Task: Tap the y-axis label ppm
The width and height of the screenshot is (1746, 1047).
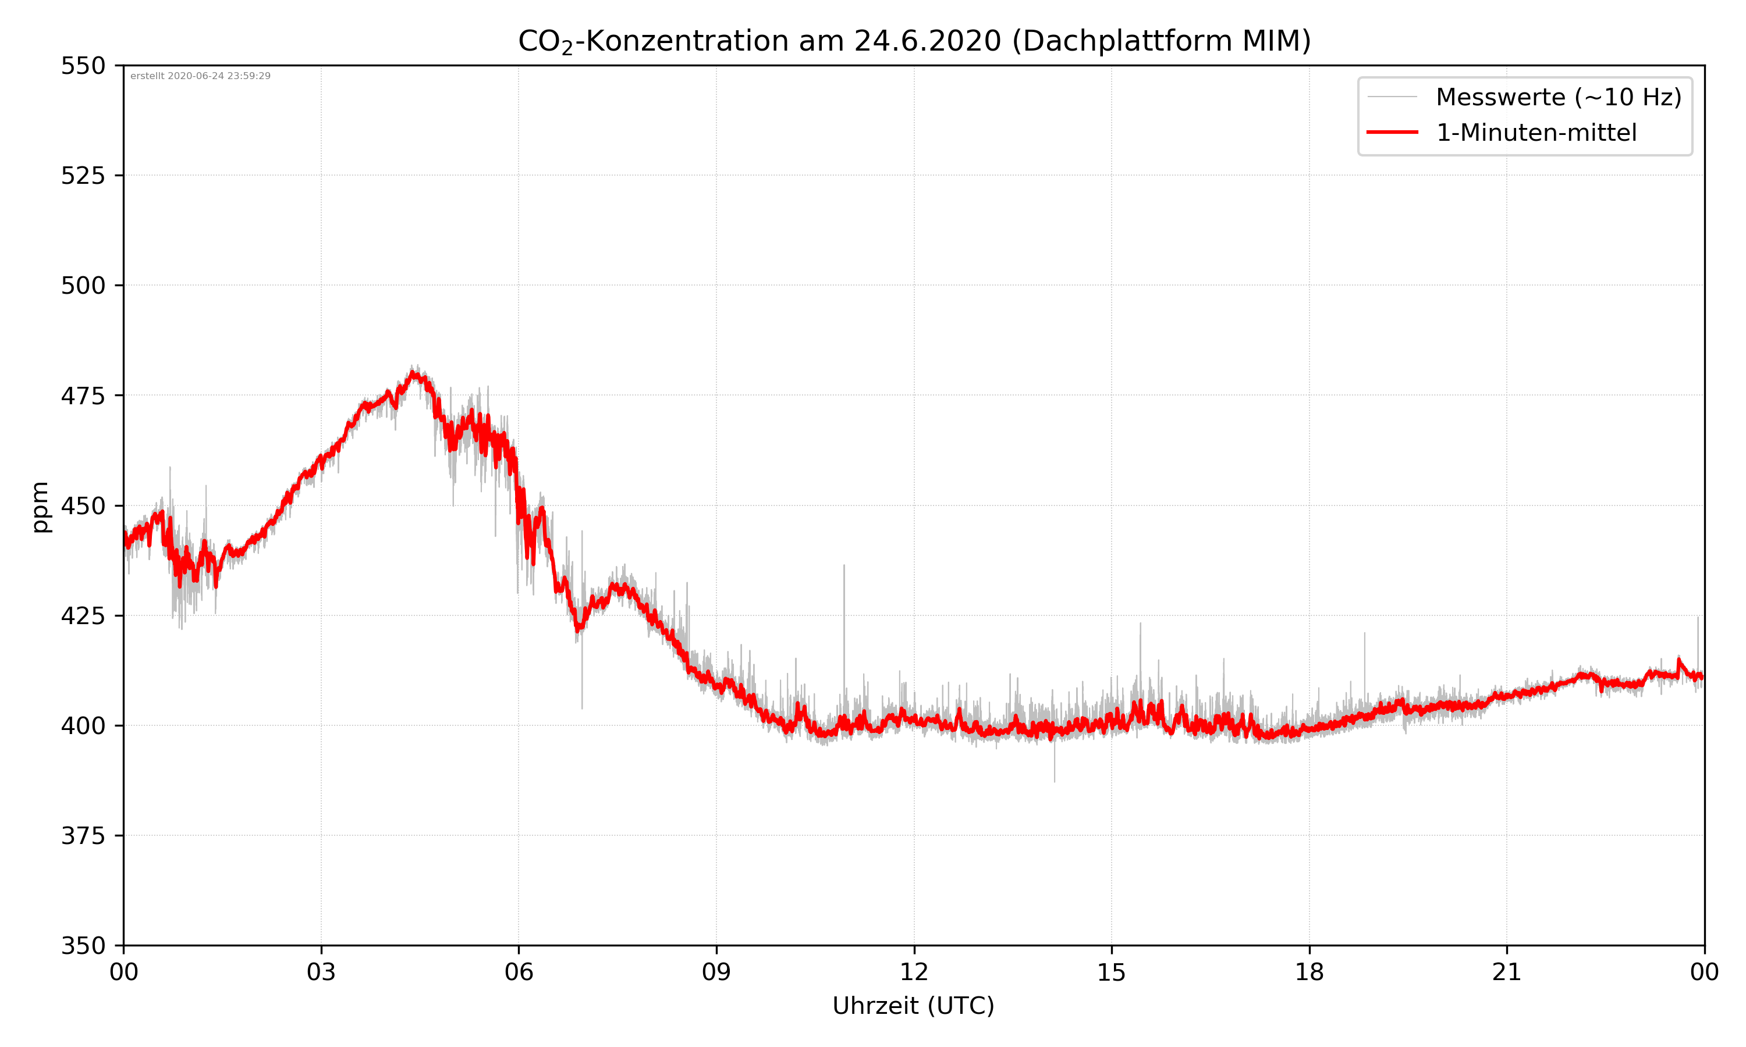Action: point(40,507)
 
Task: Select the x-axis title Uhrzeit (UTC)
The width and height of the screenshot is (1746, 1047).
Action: point(913,1005)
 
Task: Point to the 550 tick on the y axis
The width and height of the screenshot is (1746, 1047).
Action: point(83,66)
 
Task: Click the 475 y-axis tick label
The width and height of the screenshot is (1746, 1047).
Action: point(83,396)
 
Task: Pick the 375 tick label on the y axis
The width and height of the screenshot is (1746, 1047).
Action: point(83,836)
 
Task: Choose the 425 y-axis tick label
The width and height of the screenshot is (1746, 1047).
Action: point(83,616)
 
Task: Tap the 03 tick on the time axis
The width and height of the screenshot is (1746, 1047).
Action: point(321,972)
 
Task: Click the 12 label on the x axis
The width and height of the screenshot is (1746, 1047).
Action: point(914,972)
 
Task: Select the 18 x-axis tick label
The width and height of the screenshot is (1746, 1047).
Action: point(1309,972)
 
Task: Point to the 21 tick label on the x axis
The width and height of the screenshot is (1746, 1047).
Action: point(1507,972)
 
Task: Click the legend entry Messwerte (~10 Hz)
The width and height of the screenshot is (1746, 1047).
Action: point(1558,97)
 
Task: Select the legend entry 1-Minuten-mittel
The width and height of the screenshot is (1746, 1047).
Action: point(1536,133)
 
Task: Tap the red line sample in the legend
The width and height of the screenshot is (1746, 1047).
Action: point(1392,133)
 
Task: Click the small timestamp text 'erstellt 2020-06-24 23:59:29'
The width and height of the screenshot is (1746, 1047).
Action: point(200,76)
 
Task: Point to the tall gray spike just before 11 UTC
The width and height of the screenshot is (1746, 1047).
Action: point(843,567)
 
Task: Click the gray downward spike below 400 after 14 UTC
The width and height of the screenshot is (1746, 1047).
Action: point(1055,779)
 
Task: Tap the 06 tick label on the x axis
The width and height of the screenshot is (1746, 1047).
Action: point(519,972)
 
